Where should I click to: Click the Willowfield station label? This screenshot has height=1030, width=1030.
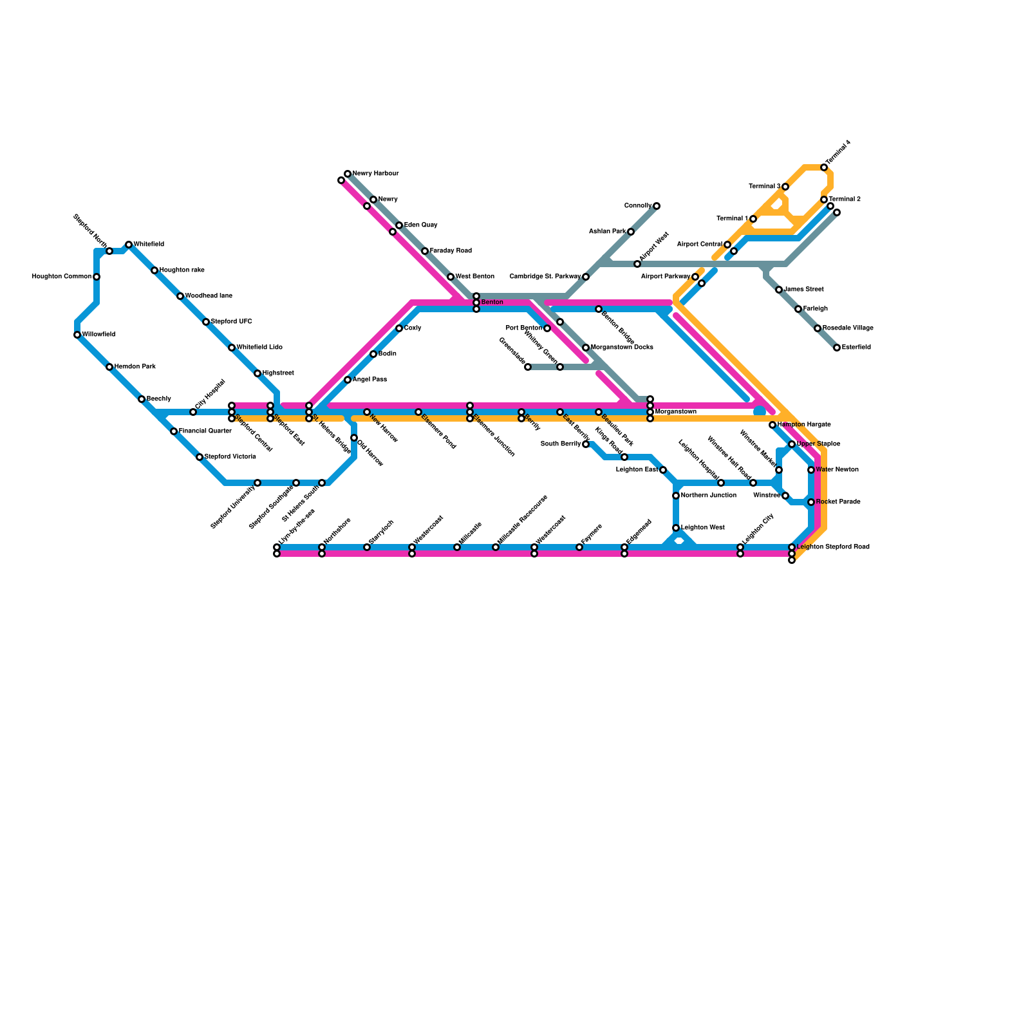(98, 335)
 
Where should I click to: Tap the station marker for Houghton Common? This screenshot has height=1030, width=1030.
(97, 277)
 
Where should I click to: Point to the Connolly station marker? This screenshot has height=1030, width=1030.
(657, 206)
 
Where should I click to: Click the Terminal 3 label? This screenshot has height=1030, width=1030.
(765, 187)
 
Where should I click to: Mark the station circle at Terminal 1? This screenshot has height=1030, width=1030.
(753, 219)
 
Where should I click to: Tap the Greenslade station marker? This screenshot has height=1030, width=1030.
(528, 367)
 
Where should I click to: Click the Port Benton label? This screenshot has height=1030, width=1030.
(523, 328)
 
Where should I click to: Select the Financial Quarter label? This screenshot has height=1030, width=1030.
(205, 431)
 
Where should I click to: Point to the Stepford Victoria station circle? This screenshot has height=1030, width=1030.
(200, 457)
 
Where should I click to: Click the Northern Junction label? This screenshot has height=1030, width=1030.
(708, 496)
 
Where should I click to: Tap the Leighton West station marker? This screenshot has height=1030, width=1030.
(676, 528)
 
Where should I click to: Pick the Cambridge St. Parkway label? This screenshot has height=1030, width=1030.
(545, 277)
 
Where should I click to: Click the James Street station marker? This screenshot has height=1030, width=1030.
(779, 290)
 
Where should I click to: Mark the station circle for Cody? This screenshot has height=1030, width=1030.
(399, 328)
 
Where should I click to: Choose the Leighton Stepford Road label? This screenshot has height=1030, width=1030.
(833, 547)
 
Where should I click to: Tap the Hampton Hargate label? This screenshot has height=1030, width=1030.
(804, 425)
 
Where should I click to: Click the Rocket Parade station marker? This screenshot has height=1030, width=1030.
(811, 502)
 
